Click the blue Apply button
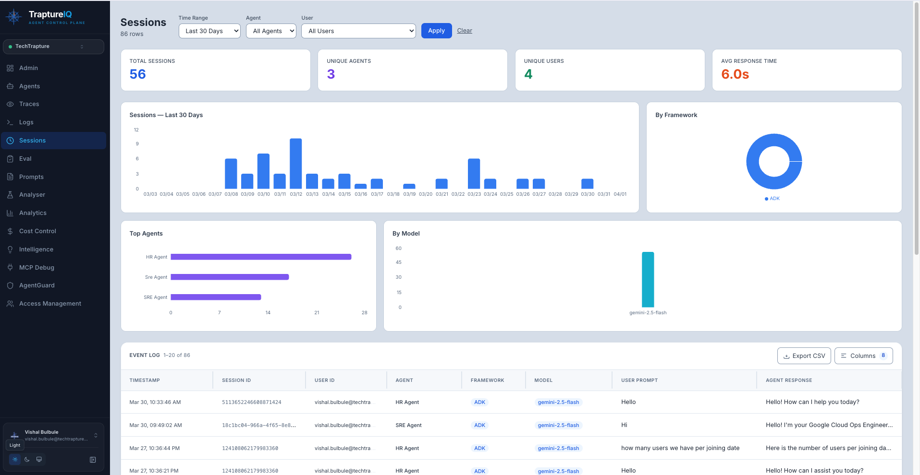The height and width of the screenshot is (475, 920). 436,31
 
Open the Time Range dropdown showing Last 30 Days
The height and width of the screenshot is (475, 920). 209,31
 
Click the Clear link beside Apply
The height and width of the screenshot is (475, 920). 464,31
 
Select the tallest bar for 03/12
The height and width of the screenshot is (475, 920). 296,163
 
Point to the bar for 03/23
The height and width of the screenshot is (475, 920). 474,173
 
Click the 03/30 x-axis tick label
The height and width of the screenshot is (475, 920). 587,194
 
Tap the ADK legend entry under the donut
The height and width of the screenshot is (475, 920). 772,199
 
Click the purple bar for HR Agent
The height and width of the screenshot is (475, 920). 261,257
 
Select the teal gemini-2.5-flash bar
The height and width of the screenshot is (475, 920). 648,279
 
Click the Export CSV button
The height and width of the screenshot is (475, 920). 804,356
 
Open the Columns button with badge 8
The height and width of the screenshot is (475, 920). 863,356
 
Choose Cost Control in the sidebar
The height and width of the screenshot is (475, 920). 37,231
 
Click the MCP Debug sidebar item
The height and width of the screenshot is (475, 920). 37,268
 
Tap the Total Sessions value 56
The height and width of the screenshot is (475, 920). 138,74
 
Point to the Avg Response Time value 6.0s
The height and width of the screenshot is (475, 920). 735,74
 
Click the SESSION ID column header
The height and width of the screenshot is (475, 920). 236,380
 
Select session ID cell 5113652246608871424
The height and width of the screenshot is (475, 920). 252,403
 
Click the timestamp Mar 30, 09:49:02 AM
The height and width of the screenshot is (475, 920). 156,426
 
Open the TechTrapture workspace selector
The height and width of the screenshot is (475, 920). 53,47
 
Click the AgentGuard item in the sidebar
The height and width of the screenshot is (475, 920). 37,285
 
